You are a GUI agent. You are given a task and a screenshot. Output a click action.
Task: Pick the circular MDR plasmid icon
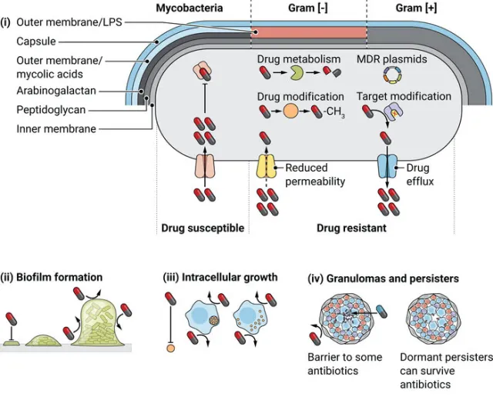tap(393, 74)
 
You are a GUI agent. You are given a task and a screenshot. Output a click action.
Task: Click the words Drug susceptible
tap(203, 228)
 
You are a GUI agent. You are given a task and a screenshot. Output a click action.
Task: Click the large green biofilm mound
tap(101, 324)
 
